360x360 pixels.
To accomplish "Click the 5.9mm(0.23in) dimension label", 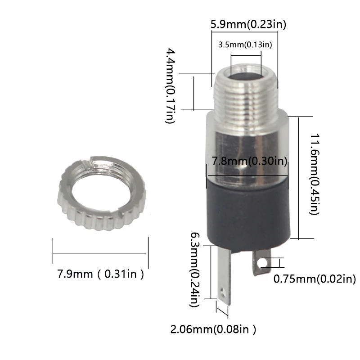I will [x=248, y=24].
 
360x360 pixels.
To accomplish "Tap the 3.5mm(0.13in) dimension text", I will [x=245, y=44].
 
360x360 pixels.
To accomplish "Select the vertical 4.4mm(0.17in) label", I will [x=170, y=85].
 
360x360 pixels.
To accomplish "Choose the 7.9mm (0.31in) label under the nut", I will [x=100, y=274].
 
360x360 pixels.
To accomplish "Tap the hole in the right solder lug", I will [x=263, y=262].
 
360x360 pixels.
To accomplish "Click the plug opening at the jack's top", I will [x=245, y=74].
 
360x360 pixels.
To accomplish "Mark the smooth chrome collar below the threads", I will [x=247, y=135].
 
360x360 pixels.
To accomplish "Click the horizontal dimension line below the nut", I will [x=100, y=254].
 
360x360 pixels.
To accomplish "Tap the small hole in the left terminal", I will [x=221, y=295].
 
